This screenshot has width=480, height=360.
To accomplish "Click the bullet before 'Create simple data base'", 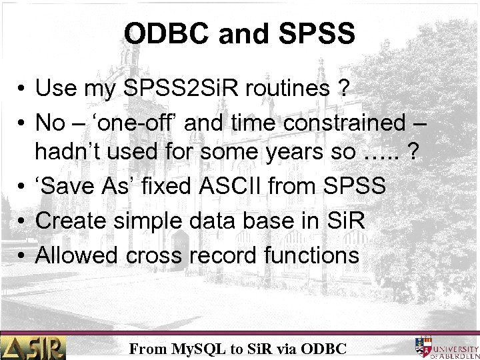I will pos(22,221).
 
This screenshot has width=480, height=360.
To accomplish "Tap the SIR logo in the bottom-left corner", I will pos(33,347).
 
